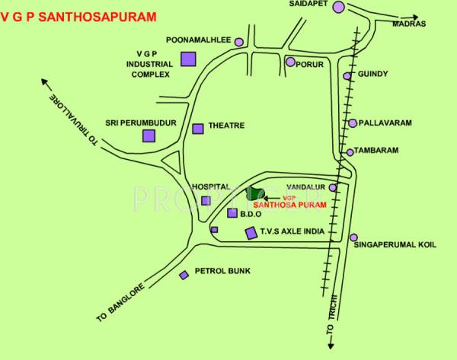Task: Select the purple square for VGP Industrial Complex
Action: click(188, 59)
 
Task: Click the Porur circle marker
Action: click(290, 62)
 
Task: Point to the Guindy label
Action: click(372, 74)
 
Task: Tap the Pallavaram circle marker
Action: click(353, 123)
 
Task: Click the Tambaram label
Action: click(379, 151)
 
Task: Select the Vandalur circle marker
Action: click(332, 187)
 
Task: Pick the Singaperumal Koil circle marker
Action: click(353, 238)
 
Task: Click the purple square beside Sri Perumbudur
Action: click(149, 135)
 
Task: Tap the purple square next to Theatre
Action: click(198, 129)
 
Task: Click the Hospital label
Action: click(211, 186)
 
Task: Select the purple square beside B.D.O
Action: click(232, 214)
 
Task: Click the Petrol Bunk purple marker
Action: click(183, 275)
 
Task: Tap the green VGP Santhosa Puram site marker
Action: click(254, 195)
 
